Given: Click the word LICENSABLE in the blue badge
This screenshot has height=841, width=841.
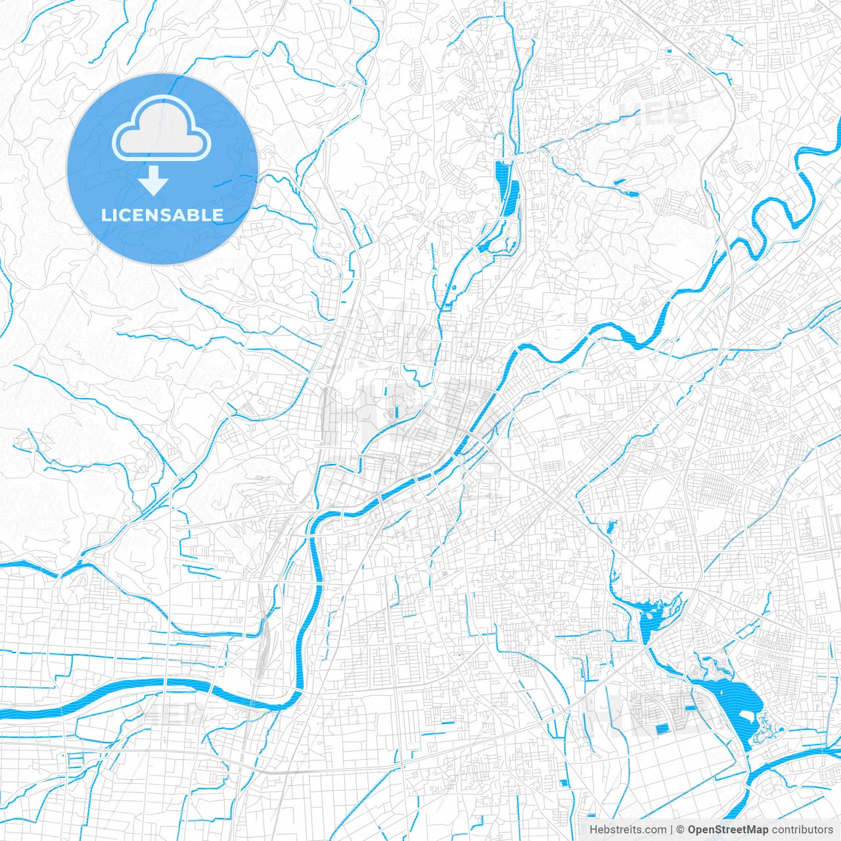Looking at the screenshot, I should tap(162, 215).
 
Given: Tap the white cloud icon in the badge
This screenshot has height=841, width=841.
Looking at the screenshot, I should tap(162, 129).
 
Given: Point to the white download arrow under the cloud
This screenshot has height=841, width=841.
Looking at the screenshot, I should tap(154, 181).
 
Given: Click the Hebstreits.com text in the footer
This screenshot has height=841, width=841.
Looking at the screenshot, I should tap(627, 830).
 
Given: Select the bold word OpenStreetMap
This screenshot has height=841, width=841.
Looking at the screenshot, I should tap(727, 830).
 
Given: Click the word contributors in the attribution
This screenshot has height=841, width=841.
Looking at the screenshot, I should tap(802, 830).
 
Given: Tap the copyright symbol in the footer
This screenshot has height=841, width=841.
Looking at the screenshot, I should tap(681, 830).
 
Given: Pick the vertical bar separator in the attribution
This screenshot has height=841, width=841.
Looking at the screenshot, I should tap(671, 830).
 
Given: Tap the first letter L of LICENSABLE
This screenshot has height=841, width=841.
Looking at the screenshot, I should tap(105, 215).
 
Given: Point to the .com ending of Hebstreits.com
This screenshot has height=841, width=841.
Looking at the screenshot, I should tap(653, 830).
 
